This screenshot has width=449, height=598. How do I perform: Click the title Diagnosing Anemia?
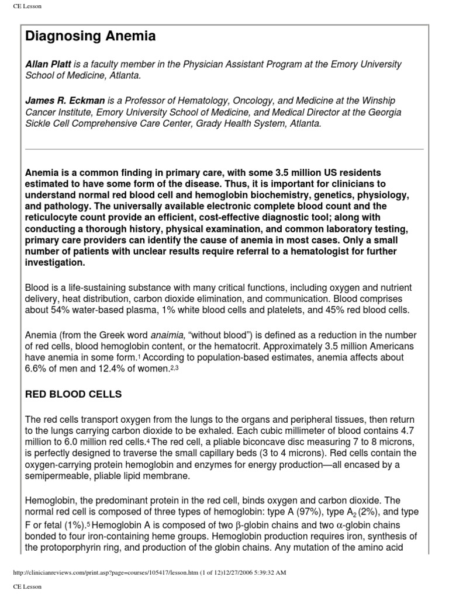click(91, 37)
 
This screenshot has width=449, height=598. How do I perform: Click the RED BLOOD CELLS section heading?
click(73, 394)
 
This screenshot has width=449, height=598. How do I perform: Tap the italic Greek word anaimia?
click(168, 335)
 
